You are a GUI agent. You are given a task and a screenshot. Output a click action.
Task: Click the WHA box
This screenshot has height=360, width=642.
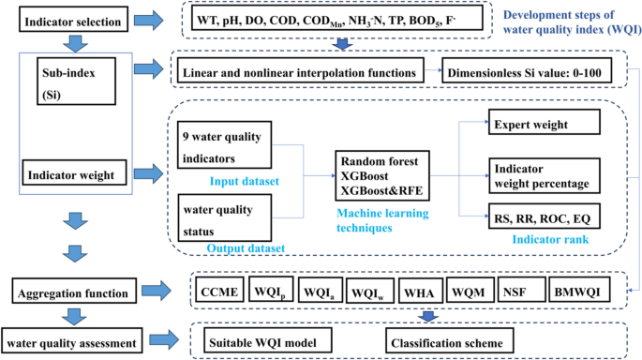coord(419,292)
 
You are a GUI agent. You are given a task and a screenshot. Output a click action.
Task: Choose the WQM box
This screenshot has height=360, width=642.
coord(469,292)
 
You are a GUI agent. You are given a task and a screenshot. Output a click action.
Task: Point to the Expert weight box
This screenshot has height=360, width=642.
coord(543,124)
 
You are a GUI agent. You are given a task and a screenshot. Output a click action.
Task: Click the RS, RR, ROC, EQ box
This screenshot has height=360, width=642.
coord(543,217)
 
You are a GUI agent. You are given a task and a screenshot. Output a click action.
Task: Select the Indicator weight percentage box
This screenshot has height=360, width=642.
coord(543,172)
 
